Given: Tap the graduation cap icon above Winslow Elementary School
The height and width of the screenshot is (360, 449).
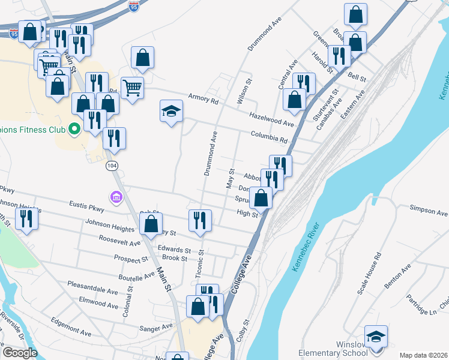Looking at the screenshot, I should pyautogui.click(x=376, y=337).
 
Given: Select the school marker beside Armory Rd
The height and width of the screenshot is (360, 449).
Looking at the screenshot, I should pyautogui.click(x=172, y=111).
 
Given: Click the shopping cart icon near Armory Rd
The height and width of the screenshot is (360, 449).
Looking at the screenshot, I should pyautogui.click(x=132, y=88).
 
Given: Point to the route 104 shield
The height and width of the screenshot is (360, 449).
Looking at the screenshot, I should pyautogui.click(x=111, y=164).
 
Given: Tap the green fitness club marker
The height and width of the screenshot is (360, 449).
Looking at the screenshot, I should pyautogui.click(x=75, y=128).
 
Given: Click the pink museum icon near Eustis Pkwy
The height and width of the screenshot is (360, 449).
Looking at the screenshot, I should pyautogui.click(x=116, y=197).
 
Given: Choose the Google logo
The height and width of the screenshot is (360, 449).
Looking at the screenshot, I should pyautogui.click(x=20, y=353).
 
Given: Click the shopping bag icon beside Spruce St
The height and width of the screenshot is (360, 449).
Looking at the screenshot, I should pyautogui.click(x=262, y=197).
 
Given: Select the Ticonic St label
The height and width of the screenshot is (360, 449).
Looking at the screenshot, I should pyautogui.click(x=200, y=264).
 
